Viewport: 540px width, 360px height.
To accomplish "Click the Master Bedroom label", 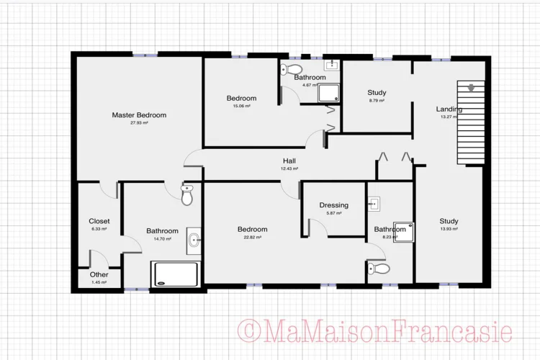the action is pyautogui.click(x=139, y=115).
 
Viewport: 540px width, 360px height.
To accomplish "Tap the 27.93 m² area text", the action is pyautogui.click(x=139, y=123).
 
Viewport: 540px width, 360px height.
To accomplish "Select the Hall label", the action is pyautogui.click(x=289, y=161).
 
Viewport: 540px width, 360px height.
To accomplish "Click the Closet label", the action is pyautogui.click(x=99, y=221).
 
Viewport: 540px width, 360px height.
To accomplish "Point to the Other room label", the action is pyautogui.click(x=99, y=274).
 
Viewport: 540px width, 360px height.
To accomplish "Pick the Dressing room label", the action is pyautogui.click(x=333, y=205).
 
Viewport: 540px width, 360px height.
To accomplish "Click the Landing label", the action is pyautogui.click(x=449, y=109).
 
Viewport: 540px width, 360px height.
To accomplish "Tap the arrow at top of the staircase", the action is pyautogui.click(x=471, y=88).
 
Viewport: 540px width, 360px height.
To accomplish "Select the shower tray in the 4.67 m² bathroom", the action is pyautogui.click(x=328, y=93).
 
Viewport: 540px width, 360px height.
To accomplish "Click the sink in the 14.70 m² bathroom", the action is pyautogui.click(x=194, y=240).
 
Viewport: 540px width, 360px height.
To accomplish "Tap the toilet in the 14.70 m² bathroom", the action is pyautogui.click(x=187, y=194).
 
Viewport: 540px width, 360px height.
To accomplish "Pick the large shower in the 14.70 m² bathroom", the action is pyautogui.click(x=176, y=274).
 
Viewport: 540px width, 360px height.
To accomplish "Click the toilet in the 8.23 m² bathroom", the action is pyautogui.click(x=379, y=269).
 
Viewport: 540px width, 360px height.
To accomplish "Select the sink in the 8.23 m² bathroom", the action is pyautogui.click(x=374, y=204).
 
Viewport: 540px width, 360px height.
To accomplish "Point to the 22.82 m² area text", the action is pyautogui.click(x=253, y=238).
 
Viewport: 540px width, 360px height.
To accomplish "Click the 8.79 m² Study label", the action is pyautogui.click(x=377, y=93).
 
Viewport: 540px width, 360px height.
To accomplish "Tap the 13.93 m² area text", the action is pyautogui.click(x=449, y=229).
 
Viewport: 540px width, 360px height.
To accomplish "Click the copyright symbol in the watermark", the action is pyautogui.click(x=248, y=331).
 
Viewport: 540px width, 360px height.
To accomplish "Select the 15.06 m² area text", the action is pyautogui.click(x=241, y=106).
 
